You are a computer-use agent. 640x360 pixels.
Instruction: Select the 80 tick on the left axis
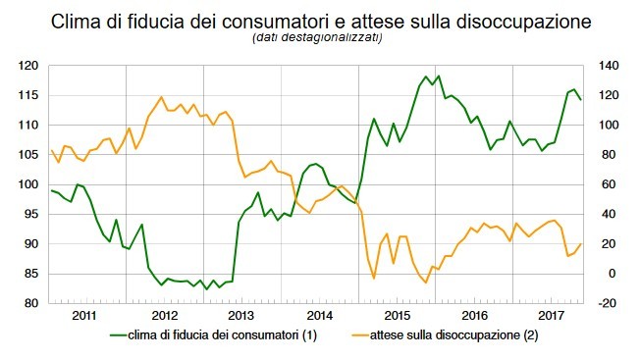[30, 303]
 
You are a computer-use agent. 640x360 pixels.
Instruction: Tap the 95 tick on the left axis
[30, 214]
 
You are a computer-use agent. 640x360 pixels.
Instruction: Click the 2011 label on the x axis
[85, 317]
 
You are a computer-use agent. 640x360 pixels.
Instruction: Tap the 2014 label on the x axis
[321, 317]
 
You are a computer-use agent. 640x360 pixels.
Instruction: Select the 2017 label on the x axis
[555, 317]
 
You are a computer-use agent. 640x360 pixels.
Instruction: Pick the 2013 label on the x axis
[242, 317]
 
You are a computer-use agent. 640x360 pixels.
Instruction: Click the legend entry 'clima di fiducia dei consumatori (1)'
[222, 335]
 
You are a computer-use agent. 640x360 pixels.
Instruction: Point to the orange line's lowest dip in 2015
[426, 283]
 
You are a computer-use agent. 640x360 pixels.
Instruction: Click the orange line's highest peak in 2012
[161, 97]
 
